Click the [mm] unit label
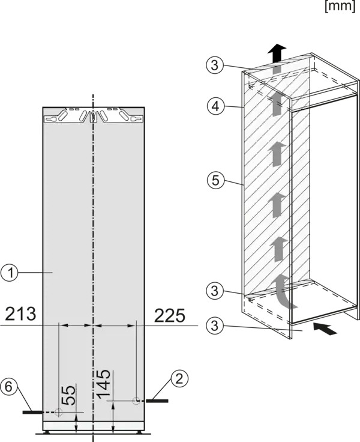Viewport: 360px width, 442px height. (x=340, y=6)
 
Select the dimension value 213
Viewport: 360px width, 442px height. (x=20, y=314)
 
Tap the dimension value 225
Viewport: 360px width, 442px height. (x=170, y=315)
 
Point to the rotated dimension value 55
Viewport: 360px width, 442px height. (x=68, y=395)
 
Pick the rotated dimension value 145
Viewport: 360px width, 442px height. (x=103, y=384)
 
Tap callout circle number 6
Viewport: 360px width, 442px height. (x=9, y=387)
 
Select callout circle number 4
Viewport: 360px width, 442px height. (x=215, y=106)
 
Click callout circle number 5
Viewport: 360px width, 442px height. (x=215, y=180)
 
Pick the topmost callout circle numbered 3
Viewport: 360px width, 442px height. (x=215, y=65)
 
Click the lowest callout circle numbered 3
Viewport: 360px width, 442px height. (x=215, y=326)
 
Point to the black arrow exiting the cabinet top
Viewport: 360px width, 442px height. (x=277, y=53)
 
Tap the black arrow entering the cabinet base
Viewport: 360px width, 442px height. (x=325, y=328)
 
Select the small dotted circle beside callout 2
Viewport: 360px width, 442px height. (x=136, y=401)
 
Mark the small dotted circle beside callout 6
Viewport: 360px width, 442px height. (x=58, y=412)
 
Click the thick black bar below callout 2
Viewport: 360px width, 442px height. (x=157, y=401)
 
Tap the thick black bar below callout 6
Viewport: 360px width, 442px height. (x=33, y=412)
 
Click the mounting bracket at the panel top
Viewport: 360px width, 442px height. (x=94, y=115)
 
